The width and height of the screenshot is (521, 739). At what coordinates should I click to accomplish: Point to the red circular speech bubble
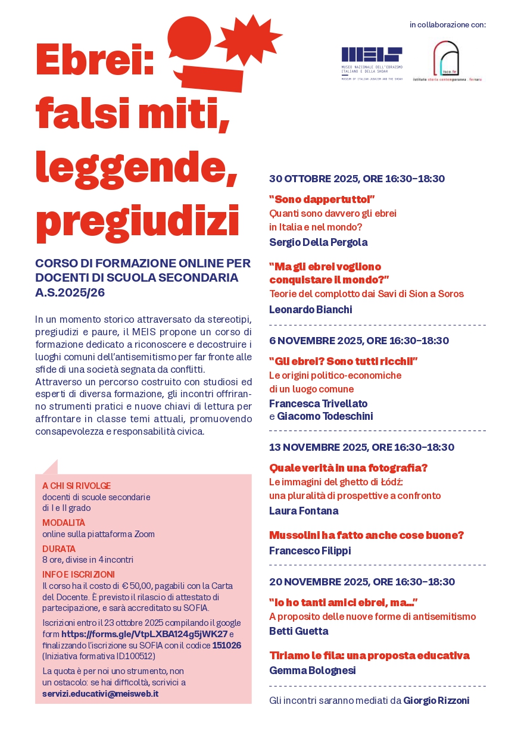pyautogui.click(x=189, y=38)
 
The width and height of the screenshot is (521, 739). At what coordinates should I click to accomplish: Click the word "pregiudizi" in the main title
pyautogui.click(x=137, y=220)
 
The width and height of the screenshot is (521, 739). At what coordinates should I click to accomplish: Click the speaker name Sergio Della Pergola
pyautogui.click(x=318, y=242)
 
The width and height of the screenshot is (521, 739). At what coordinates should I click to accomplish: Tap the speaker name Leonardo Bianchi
pyautogui.click(x=310, y=310)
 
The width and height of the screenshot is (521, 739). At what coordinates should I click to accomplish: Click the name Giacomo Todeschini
pyautogui.click(x=325, y=416)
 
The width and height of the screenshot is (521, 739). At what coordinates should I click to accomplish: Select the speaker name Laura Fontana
pyautogui.click(x=304, y=511)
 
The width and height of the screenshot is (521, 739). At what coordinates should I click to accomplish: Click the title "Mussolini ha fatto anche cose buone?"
pyautogui.click(x=366, y=535)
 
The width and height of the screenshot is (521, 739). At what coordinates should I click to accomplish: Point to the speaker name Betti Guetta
pyautogui.click(x=298, y=631)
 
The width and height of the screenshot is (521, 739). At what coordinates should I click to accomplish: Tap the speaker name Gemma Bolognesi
pyautogui.click(x=312, y=671)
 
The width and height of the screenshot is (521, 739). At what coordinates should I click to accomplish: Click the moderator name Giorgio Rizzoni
pyautogui.click(x=436, y=701)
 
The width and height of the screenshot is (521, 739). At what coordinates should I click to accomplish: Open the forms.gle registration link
pyautogui.click(x=145, y=634)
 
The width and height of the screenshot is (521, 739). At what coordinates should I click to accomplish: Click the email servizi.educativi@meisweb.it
pyautogui.click(x=100, y=694)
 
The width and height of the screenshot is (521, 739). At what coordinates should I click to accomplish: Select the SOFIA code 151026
pyautogui.click(x=226, y=645)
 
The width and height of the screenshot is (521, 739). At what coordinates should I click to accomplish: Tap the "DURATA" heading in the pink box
pyautogui.click(x=59, y=548)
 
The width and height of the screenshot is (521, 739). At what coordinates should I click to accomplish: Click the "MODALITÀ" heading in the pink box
pyautogui.click(x=64, y=523)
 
